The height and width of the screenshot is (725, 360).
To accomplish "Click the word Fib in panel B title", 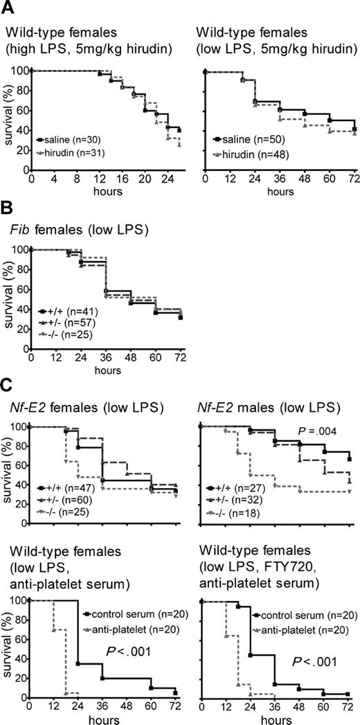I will (15, 231).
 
